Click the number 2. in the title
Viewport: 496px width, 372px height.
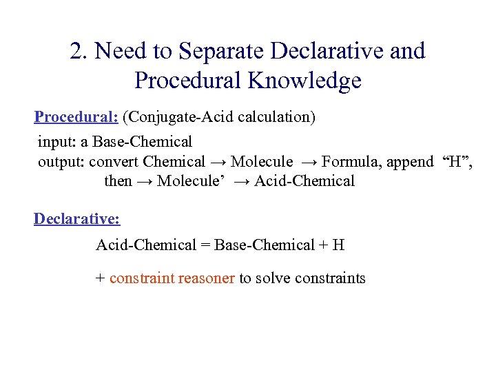pos(80,52)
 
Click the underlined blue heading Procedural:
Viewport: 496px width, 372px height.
pos(76,116)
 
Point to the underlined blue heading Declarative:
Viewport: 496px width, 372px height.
pos(76,219)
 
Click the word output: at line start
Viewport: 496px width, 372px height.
pos(61,162)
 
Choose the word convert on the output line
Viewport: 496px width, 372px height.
pos(114,162)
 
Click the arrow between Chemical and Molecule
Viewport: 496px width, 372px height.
pos(218,162)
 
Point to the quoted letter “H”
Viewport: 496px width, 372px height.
pos(454,162)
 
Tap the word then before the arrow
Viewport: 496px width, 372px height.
pos(117,181)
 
